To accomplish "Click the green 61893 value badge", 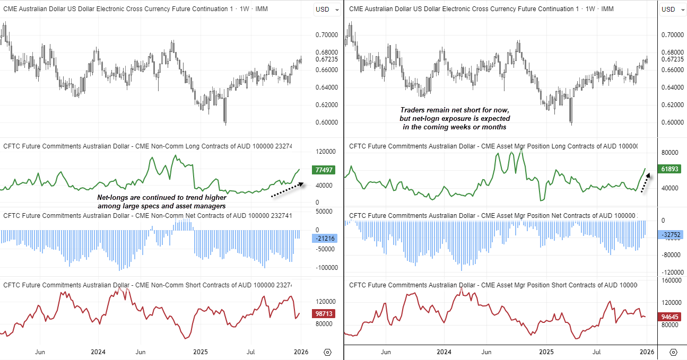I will click(x=671, y=169).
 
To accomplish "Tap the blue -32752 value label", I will click(x=671, y=234).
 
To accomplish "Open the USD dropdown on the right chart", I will click(x=671, y=9).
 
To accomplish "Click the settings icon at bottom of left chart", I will click(x=327, y=352).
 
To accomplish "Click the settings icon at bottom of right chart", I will click(x=673, y=352).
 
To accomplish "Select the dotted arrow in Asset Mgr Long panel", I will click(x=645, y=182).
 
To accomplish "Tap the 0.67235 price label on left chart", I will click(x=326, y=59).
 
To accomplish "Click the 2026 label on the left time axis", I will click(x=301, y=352).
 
